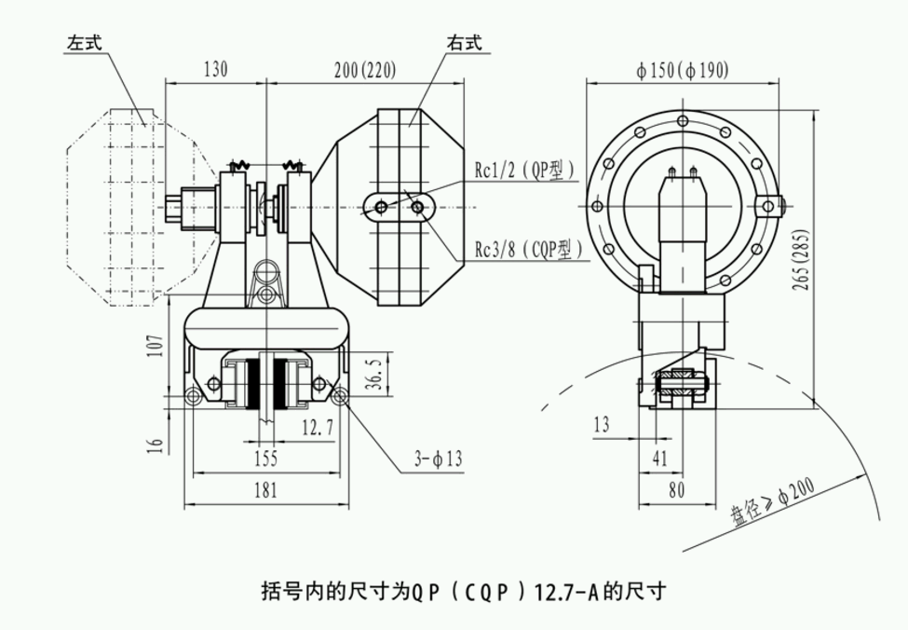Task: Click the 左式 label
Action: click(x=84, y=43)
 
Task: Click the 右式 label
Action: click(x=464, y=43)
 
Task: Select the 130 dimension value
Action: click(x=215, y=69)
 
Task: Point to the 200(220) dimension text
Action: click(x=364, y=69)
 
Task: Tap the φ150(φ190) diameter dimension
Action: click(x=683, y=71)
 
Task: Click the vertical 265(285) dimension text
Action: click(x=801, y=260)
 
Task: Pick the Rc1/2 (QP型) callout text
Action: click(x=525, y=170)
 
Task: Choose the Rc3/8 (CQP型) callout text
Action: click(x=528, y=249)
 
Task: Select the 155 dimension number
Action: click(x=266, y=459)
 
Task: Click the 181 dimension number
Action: click(x=266, y=491)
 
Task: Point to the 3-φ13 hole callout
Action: click(x=438, y=459)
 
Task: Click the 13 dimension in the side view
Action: click(x=602, y=425)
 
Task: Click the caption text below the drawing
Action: click(x=463, y=590)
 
